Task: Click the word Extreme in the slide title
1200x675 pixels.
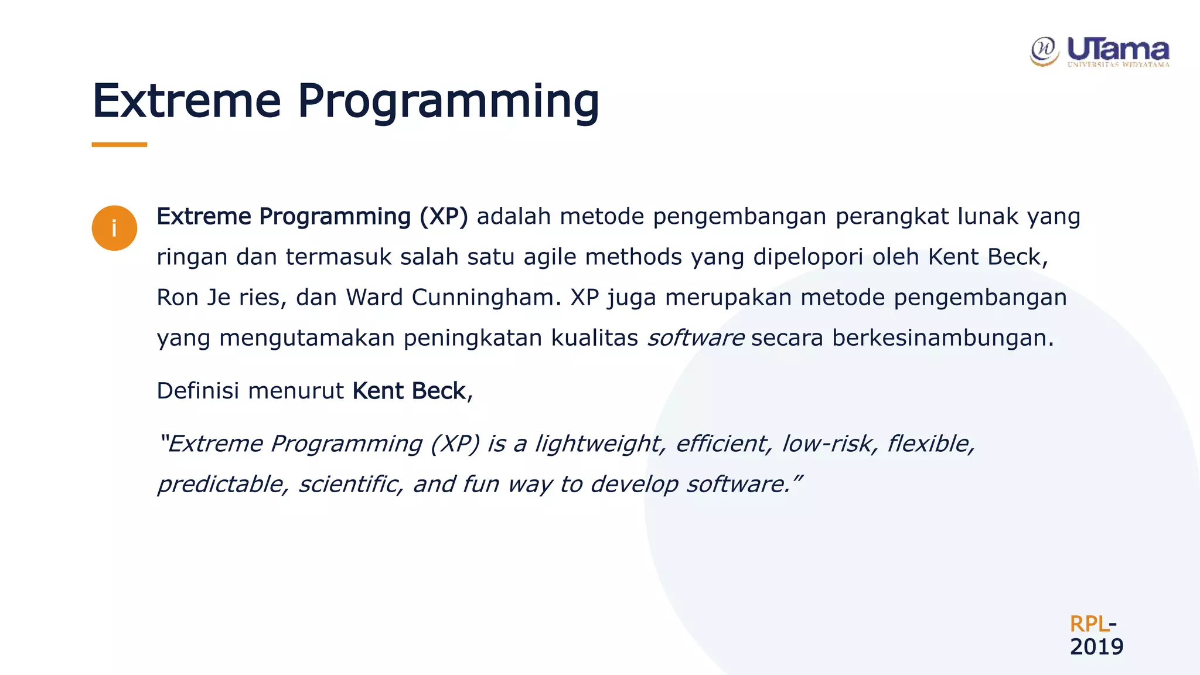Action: [186, 101]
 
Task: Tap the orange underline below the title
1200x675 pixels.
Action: [119, 144]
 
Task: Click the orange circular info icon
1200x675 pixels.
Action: [114, 228]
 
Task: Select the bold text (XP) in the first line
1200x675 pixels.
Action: [444, 216]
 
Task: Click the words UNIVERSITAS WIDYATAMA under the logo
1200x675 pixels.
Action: [1118, 64]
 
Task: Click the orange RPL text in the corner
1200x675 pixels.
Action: [1089, 623]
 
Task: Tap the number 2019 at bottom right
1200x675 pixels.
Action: [1096, 647]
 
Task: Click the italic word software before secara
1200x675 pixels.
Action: [696, 337]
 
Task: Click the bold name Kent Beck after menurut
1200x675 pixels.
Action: [408, 391]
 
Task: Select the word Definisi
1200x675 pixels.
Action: [197, 391]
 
